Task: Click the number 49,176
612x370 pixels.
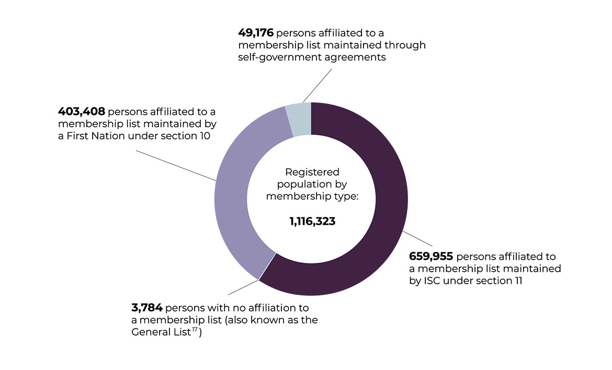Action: [256, 33]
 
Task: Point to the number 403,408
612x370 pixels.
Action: [82, 112]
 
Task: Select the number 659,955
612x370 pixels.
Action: [431, 257]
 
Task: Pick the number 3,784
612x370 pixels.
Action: [147, 307]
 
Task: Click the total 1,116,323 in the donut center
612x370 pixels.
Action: [312, 222]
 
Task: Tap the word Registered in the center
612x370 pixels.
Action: [312, 172]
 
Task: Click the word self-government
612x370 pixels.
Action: [283, 57]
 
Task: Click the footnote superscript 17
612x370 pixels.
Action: [194, 330]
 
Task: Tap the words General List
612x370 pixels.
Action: [160, 332]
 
